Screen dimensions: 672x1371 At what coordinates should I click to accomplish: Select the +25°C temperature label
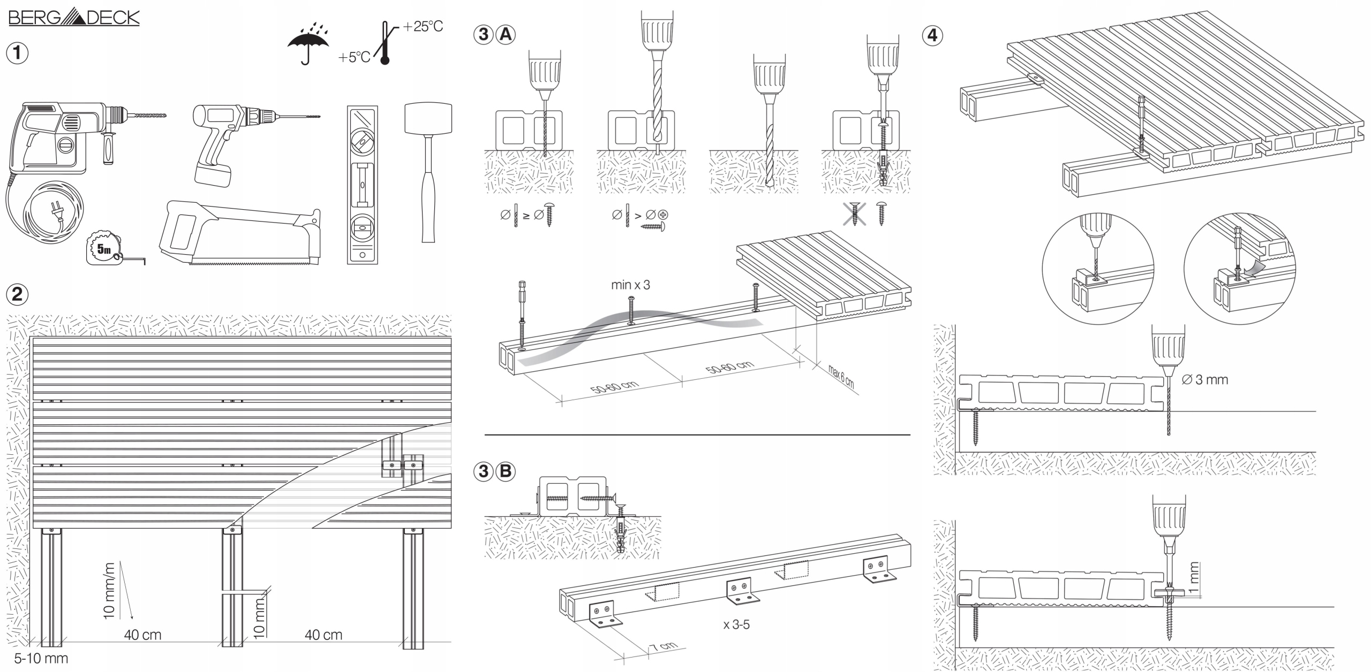point(423,26)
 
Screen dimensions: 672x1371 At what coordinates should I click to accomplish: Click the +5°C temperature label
point(353,57)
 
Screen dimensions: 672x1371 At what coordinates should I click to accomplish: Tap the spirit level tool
point(362,185)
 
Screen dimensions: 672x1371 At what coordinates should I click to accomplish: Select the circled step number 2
point(17,294)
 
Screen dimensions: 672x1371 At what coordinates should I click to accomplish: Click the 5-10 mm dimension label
point(41,658)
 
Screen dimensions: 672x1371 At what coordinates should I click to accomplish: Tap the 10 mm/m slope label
point(109,591)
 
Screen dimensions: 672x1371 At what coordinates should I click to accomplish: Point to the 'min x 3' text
point(630,285)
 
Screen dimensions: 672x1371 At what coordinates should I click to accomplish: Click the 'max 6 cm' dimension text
point(840,377)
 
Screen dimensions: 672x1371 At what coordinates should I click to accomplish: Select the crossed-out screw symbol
point(855,213)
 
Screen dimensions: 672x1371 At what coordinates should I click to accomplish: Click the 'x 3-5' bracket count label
point(736,624)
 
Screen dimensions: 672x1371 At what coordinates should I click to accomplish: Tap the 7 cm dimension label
point(664,646)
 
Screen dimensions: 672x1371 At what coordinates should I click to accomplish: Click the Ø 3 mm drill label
point(1204,380)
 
